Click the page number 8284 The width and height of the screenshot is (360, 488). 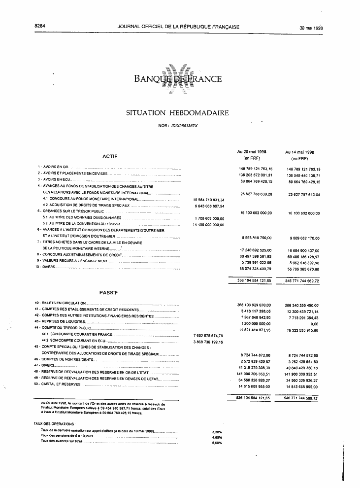point(39,27)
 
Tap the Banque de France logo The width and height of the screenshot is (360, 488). point(177,79)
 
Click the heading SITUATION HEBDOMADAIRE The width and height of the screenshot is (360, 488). point(177,113)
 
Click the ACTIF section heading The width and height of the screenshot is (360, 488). point(109,156)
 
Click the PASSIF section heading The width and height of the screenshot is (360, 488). point(107,292)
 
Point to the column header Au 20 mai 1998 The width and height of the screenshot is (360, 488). point(251,152)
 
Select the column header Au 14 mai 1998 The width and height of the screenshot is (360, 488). point(299,152)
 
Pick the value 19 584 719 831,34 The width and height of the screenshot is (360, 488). point(209,200)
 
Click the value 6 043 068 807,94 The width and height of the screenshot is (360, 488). point(209,206)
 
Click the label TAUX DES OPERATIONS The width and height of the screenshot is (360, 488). point(54,424)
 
